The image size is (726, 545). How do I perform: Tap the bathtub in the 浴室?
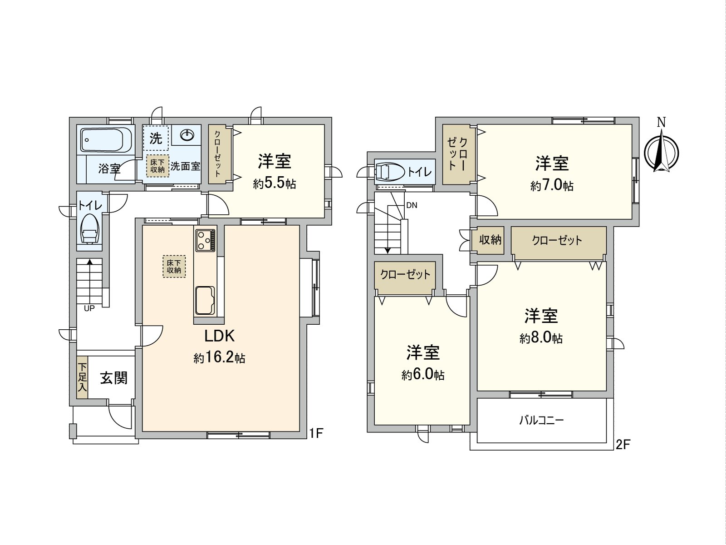pos(106,139)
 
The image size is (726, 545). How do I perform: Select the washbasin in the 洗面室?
pos(187,135)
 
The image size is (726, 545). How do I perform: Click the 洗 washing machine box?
pos(156,138)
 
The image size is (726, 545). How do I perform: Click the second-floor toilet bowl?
pos(388,172)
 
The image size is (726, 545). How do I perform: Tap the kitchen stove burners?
pos(206,240)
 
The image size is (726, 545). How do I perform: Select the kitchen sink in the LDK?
pos(205,300)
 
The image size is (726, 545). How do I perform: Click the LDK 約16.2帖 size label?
pos(220,358)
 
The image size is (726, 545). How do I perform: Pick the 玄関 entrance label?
pos(113,378)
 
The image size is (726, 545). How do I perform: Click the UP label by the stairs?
pos(89,308)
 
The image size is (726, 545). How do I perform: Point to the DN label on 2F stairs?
pos(412,205)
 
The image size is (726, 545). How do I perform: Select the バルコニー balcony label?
pos(541,420)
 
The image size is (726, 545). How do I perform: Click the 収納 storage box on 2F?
pos(490,239)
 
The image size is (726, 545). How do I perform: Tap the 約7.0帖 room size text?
pos(552,186)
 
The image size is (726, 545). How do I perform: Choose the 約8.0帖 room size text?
pos(541,338)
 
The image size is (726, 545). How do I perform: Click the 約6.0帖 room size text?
pos(422,375)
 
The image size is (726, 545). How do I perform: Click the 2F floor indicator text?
pos(623,444)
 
